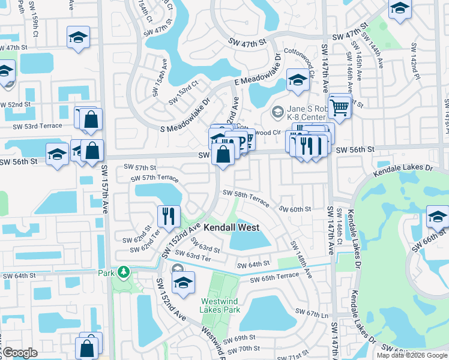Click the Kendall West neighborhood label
[231, 227]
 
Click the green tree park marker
[123, 273]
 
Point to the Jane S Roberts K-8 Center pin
[277, 112]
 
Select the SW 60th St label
[297, 209]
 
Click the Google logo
[19, 353]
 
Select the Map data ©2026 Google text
[411, 355]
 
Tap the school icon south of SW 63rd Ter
[183, 283]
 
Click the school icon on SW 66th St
[438, 217]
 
